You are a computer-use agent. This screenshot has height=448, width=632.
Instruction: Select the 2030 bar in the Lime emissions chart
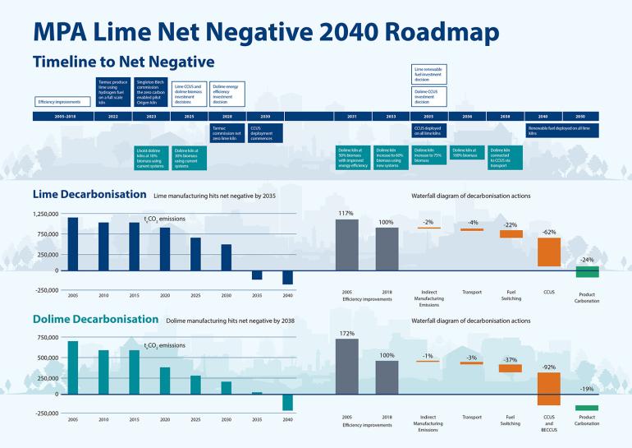(227, 257)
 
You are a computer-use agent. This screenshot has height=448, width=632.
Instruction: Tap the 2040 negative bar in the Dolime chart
(287, 402)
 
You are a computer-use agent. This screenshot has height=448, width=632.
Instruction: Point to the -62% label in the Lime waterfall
(549, 233)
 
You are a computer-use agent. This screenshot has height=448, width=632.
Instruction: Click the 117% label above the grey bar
(346, 214)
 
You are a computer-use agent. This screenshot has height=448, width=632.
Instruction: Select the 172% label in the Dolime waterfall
(346, 333)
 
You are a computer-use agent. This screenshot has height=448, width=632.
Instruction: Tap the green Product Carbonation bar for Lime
(588, 272)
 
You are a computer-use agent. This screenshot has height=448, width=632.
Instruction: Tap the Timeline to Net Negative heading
(123, 62)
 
